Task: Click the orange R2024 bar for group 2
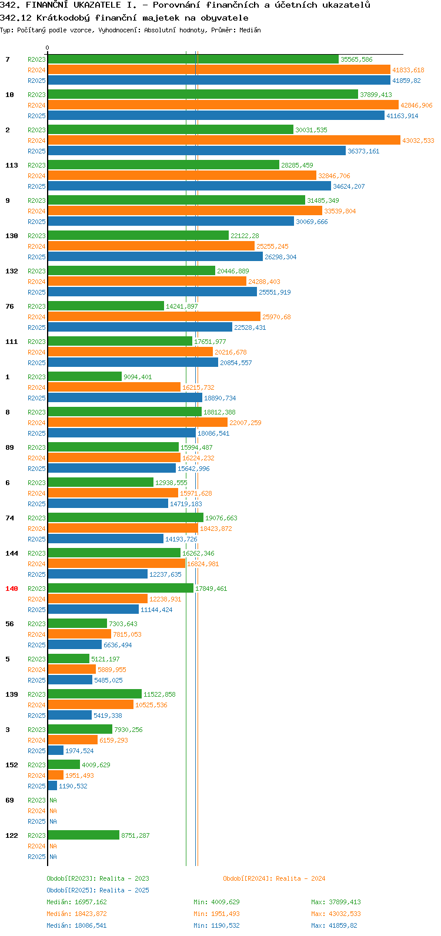point(224,141)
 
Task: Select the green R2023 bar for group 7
point(193,59)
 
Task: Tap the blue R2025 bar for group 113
point(189,186)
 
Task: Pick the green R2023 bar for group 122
point(83,835)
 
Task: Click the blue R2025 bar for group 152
point(52,786)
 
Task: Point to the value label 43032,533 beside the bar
point(418,141)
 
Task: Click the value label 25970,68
point(276,317)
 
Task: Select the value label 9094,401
point(138,377)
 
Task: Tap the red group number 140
point(12,589)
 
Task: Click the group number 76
point(9,306)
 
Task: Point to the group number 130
point(12,236)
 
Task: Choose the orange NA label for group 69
point(53,811)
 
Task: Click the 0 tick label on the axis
point(47,48)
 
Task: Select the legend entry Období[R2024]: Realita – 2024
point(274,878)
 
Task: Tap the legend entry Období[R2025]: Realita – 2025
point(98,890)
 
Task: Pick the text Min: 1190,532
point(216,925)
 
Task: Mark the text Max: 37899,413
point(336,902)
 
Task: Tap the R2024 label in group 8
point(36,423)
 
